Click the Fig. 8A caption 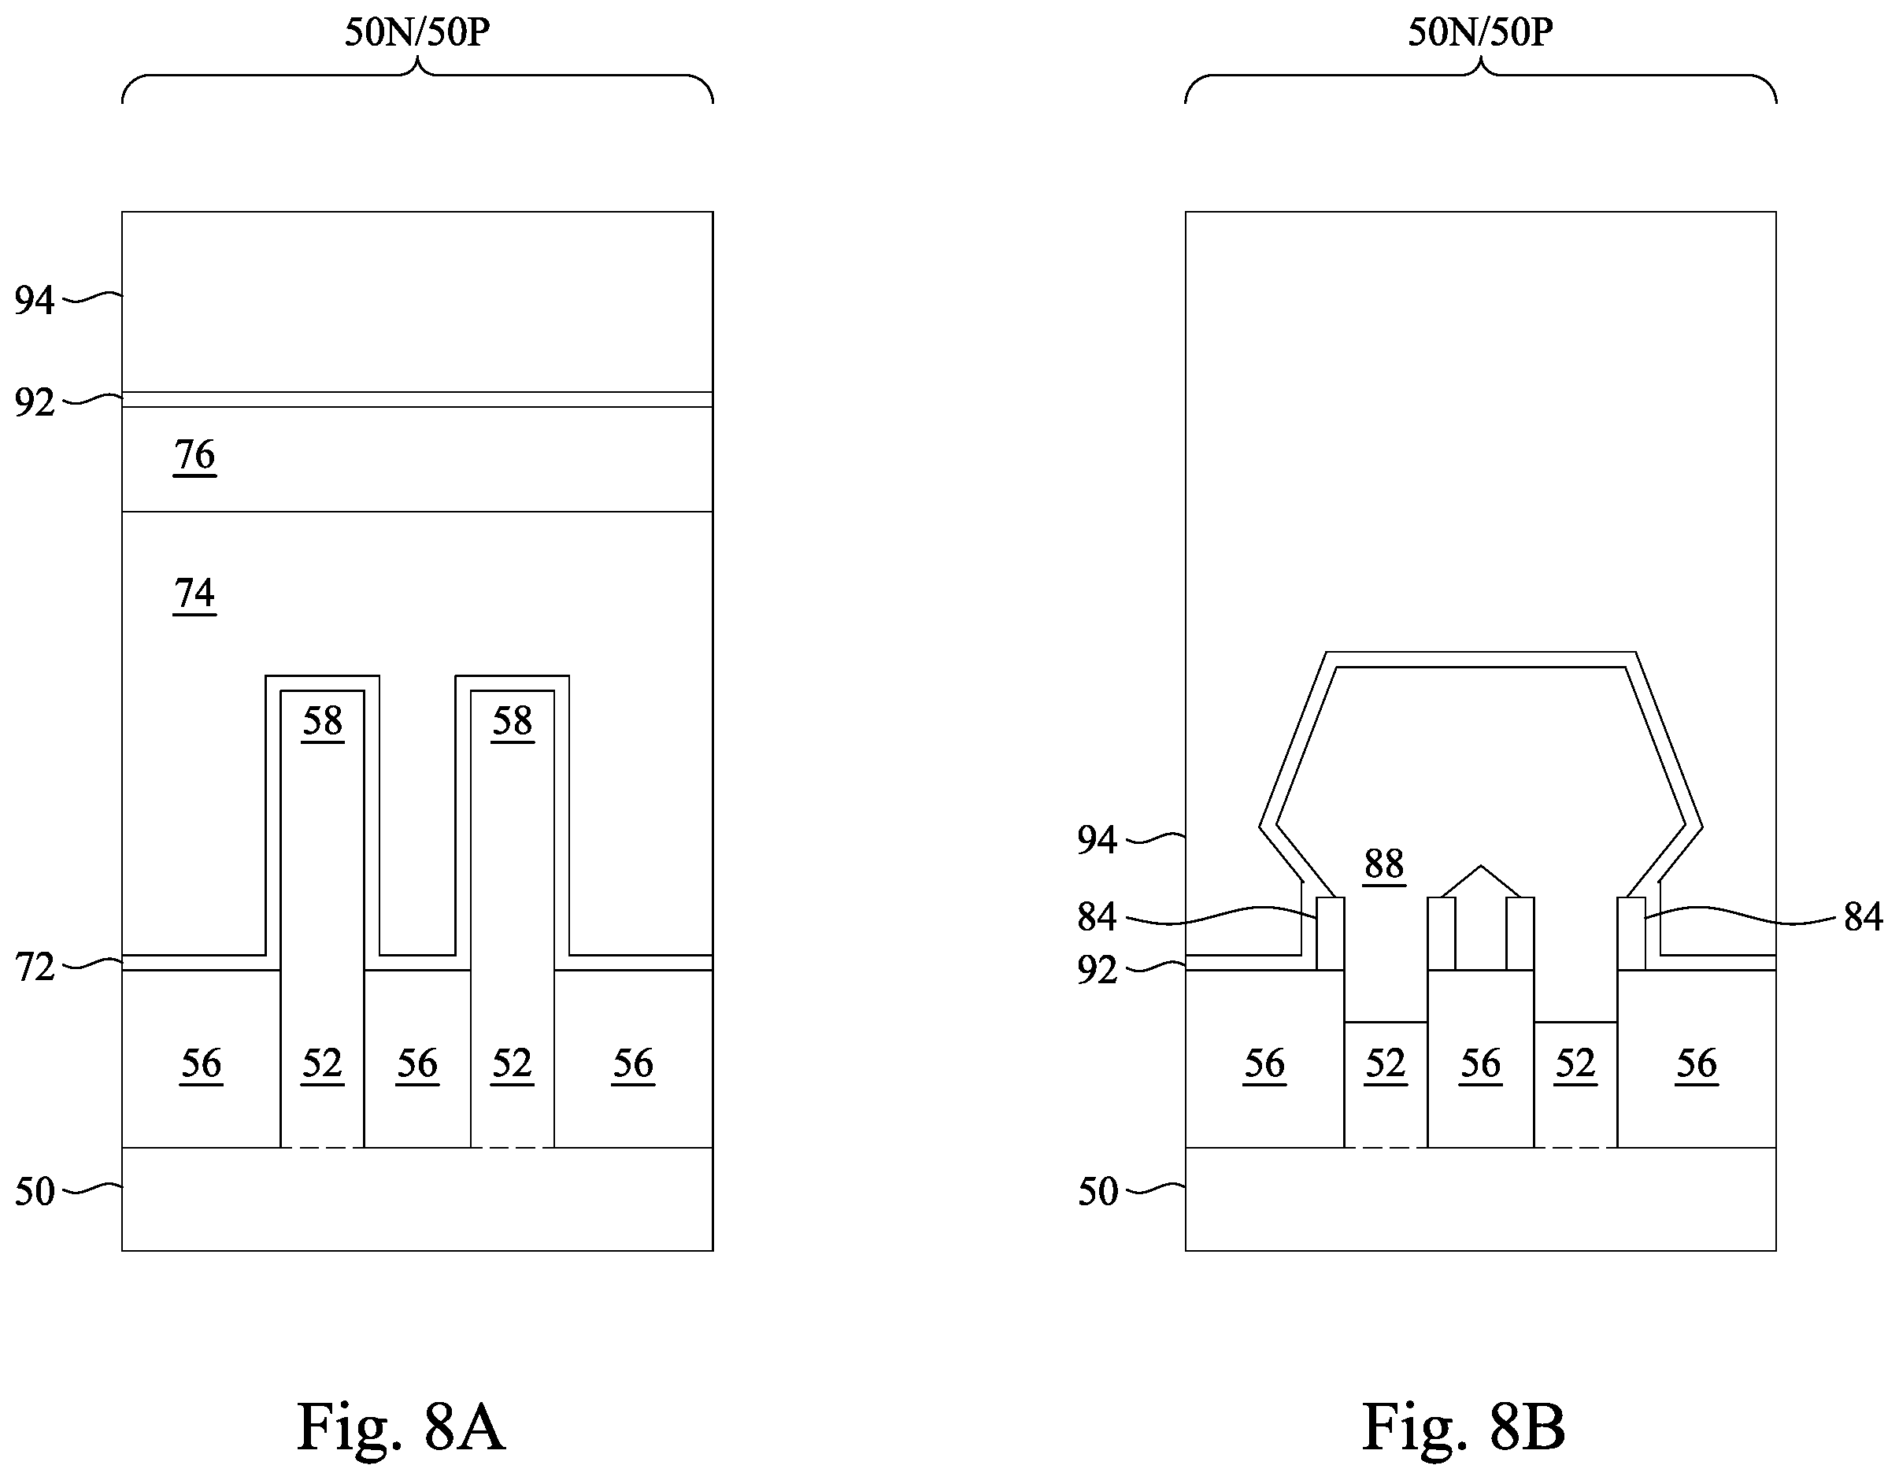401,1428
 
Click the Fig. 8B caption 1464,1428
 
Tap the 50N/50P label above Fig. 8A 417,32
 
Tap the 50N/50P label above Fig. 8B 1481,32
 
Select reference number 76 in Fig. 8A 194,455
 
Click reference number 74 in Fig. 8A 194,594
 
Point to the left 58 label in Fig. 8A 323,721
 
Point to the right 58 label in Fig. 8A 512,721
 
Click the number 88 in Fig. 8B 1384,864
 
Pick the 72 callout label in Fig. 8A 35,967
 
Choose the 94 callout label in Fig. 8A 35,300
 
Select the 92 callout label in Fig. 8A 35,402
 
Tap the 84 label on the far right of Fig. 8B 1864,916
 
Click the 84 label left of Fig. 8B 1098,916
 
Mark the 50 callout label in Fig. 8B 1098,1191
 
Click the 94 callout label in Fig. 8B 1098,839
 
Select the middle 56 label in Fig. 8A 417,1064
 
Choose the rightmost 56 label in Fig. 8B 1697,1064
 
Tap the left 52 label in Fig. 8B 1385,1064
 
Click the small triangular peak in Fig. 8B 1481,881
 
